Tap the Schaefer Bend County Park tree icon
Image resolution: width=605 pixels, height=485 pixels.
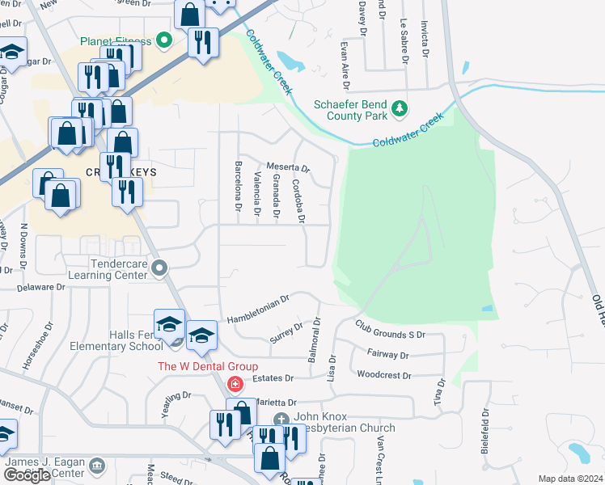398,108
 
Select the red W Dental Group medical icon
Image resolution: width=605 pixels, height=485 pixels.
235,383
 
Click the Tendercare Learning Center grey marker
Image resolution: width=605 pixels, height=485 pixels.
159,266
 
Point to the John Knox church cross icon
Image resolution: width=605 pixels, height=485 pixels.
281,419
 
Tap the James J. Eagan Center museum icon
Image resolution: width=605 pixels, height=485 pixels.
97,466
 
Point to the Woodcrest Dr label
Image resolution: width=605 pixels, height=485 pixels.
384,375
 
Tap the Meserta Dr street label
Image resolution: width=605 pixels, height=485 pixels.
289,163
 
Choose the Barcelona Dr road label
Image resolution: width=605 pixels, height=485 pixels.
239,187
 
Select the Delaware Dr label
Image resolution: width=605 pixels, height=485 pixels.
38,286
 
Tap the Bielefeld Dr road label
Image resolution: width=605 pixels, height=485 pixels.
486,432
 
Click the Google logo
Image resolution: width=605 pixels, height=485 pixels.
27,475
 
